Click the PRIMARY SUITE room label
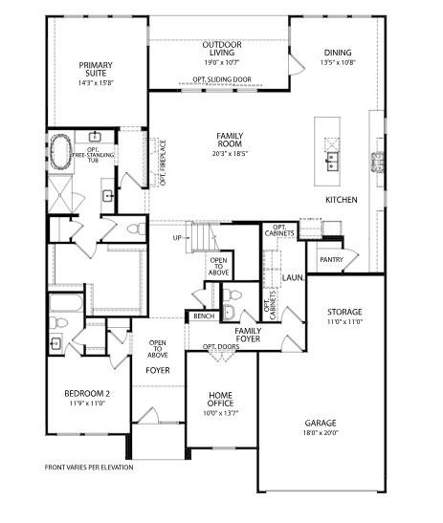click(x=96, y=69)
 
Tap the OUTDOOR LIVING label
click(x=220, y=49)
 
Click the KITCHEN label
click(x=341, y=200)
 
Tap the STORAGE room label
click(x=344, y=312)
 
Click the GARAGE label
click(x=321, y=422)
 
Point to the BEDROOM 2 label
click(x=87, y=393)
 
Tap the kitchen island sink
click(x=332, y=159)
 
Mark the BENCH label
click(x=203, y=316)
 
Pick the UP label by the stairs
click(x=177, y=237)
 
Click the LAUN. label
click(x=292, y=277)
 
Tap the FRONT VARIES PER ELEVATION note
click(x=89, y=468)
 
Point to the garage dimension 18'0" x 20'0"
click(x=321, y=433)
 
